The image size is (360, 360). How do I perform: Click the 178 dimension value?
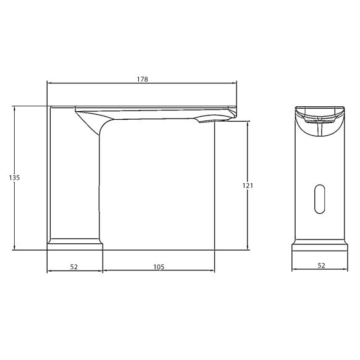[x=143, y=79]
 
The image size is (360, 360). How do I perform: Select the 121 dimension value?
[x=248, y=185]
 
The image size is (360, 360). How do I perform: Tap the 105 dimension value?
[x=158, y=267]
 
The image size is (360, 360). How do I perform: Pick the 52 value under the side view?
[x=74, y=267]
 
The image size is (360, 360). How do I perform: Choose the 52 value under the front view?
[x=321, y=266]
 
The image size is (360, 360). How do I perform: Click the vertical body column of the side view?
[x=74, y=179]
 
